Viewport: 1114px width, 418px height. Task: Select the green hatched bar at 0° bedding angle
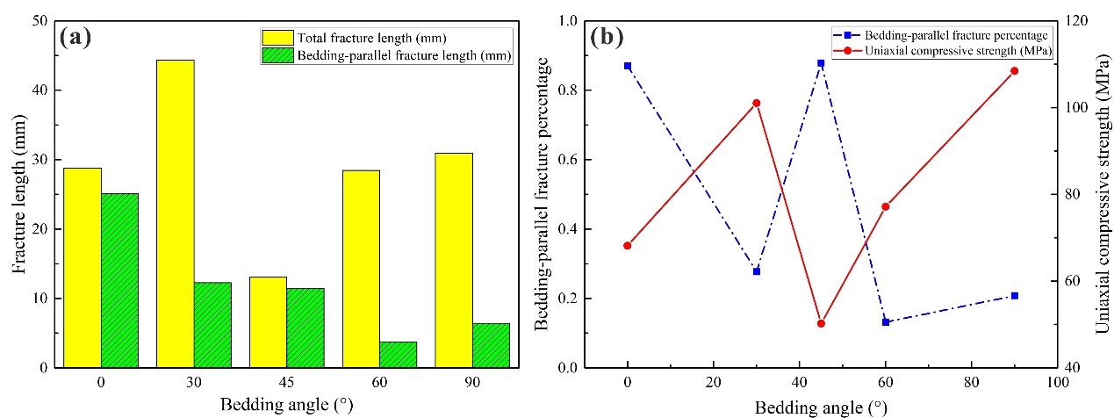coord(119,280)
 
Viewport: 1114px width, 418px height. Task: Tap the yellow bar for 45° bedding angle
coord(268,321)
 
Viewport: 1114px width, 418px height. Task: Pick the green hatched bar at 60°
coord(399,355)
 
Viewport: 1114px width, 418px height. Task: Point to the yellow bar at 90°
coord(454,260)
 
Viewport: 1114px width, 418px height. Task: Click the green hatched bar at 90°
coord(491,345)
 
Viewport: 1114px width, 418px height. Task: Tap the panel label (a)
coord(76,38)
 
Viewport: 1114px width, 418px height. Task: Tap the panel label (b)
coord(607,37)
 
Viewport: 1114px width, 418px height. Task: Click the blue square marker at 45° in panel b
coord(821,63)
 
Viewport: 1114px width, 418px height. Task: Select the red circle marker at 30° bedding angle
coord(757,103)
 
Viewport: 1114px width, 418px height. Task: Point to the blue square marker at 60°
coord(886,322)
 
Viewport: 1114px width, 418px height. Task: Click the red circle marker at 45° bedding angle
coord(821,323)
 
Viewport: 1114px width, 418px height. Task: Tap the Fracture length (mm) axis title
coord(19,194)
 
